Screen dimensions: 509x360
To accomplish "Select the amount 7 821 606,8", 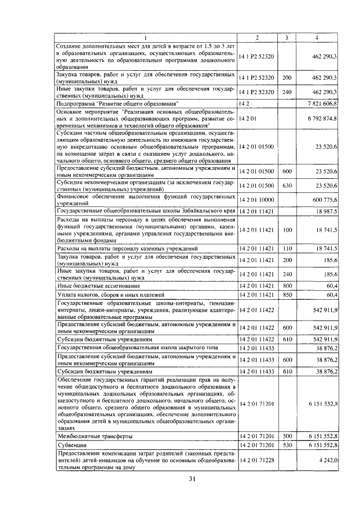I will (x=322, y=104).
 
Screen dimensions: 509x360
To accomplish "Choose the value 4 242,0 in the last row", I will (x=327, y=460).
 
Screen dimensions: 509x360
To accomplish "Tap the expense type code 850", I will (x=287, y=295).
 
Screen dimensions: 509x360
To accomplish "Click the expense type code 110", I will (x=287, y=248).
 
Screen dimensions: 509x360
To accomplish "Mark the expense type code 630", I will (x=287, y=185).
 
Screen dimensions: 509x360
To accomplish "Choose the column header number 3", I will (x=287, y=38).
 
